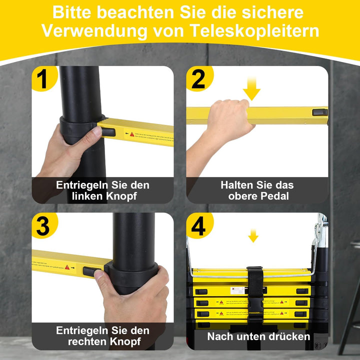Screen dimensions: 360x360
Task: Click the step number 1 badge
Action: (x=43, y=79)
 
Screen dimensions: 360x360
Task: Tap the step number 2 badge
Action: (x=198, y=79)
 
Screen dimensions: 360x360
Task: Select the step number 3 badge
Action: (x=43, y=226)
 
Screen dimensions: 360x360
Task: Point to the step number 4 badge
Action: (x=198, y=226)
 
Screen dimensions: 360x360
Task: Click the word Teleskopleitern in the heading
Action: (x=255, y=30)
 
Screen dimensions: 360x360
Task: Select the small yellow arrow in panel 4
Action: (x=253, y=235)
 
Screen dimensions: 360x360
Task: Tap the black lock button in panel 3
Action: (x=90, y=271)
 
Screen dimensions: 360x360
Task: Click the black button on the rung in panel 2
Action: (x=319, y=112)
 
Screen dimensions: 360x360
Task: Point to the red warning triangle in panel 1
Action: (x=132, y=134)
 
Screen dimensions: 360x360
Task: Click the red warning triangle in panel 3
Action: (x=66, y=267)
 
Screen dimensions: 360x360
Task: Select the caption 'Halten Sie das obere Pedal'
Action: (x=257, y=190)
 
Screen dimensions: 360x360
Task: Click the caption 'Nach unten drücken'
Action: (x=258, y=336)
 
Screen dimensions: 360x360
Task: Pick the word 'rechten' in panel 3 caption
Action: (x=87, y=342)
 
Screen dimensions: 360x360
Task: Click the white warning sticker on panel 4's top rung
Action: (x=237, y=290)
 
